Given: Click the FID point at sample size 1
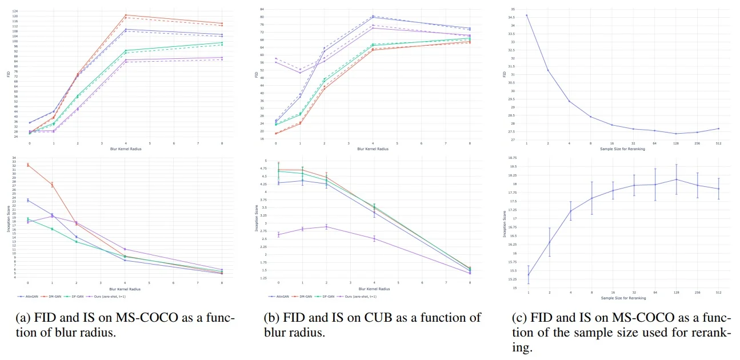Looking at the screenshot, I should [x=527, y=15].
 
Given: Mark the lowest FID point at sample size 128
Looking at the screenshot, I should [x=676, y=134].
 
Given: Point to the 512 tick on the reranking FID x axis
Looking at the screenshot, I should [x=719, y=143].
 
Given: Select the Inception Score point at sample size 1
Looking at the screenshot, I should [x=528, y=275].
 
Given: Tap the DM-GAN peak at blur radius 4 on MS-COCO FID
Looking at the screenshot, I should [x=126, y=15].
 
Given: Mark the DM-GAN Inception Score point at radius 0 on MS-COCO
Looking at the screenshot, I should [x=28, y=165].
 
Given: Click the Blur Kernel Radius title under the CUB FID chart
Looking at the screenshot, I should [x=373, y=149].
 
